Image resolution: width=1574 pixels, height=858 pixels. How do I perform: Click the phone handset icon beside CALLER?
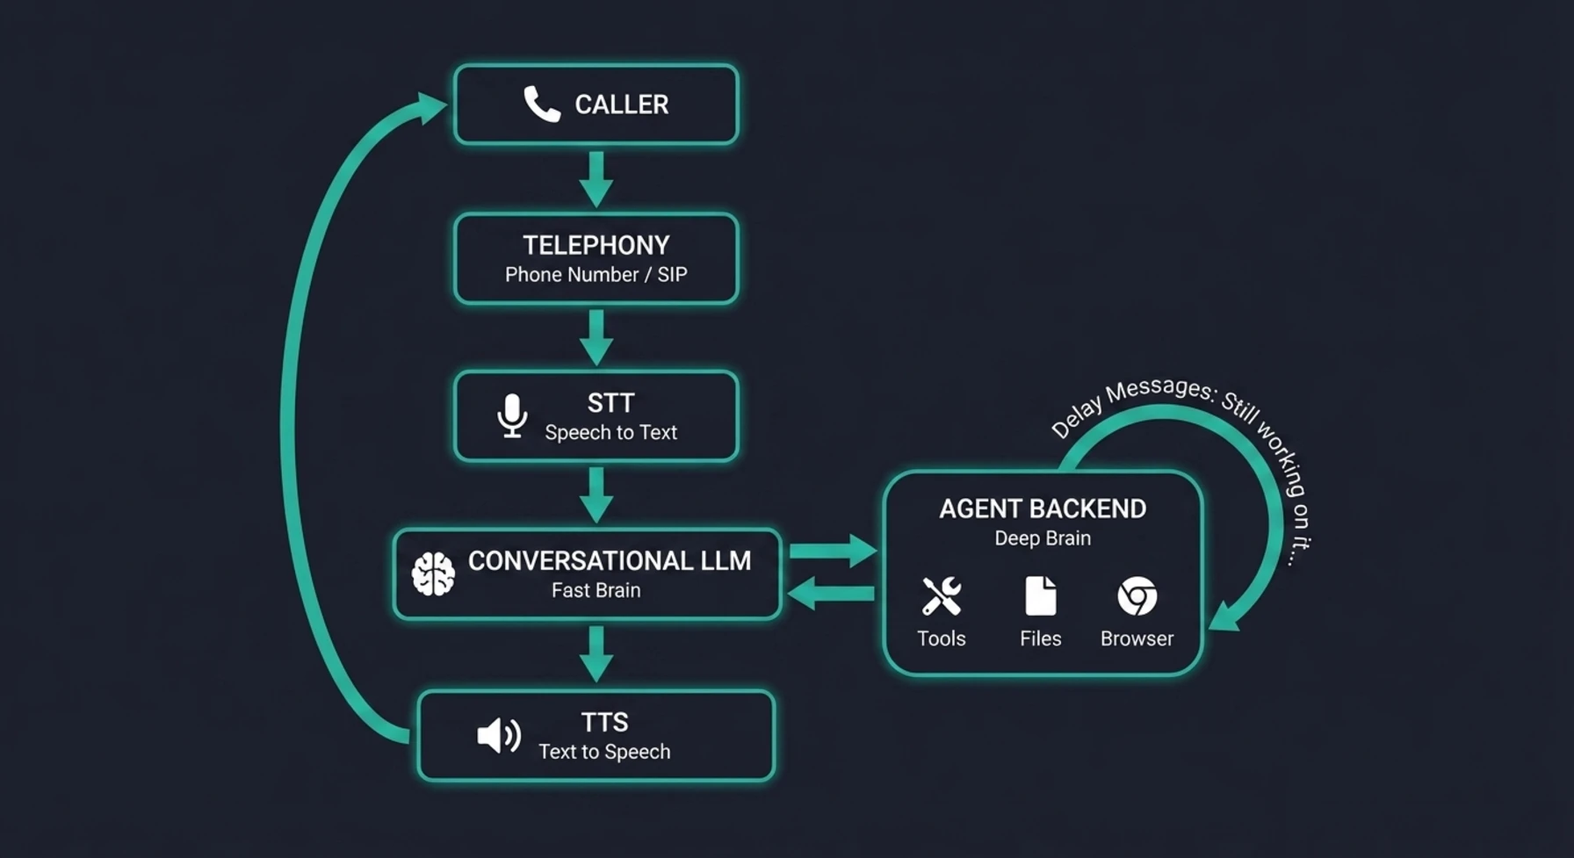(x=541, y=105)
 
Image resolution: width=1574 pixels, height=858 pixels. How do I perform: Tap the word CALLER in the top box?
(x=621, y=105)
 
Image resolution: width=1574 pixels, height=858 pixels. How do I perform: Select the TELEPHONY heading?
(x=596, y=245)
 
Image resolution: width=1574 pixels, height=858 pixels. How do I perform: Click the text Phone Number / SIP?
(x=596, y=275)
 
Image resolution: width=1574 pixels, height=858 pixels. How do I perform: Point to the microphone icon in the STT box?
(x=512, y=416)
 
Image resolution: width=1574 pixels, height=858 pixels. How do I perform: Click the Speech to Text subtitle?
(x=610, y=432)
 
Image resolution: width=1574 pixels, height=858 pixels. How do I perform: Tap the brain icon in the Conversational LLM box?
(x=433, y=574)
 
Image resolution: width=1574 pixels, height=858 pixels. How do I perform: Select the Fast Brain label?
(x=596, y=590)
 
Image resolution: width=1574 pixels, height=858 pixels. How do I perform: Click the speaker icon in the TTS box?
(x=498, y=736)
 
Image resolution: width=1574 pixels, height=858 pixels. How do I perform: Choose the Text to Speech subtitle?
(x=604, y=752)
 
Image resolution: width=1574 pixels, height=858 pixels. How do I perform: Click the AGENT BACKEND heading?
(x=1042, y=508)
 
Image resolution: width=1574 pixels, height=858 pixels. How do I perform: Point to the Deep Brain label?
(x=1042, y=538)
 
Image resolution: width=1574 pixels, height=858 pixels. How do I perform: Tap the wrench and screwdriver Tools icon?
(x=941, y=596)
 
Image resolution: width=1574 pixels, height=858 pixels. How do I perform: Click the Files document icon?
(x=1040, y=596)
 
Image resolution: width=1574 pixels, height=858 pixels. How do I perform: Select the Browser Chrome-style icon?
(x=1137, y=596)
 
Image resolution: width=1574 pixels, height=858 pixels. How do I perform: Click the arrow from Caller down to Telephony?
(x=596, y=179)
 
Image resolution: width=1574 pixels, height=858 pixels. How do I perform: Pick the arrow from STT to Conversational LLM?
(x=596, y=494)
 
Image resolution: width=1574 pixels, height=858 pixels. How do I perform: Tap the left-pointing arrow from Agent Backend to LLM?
(x=831, y=593)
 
